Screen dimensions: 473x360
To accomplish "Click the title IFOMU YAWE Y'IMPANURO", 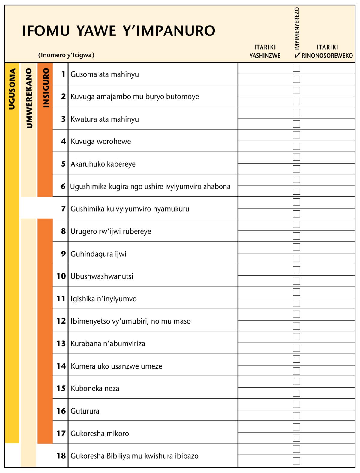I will [x=118, y=31].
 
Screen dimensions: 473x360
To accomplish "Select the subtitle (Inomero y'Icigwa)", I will [x=66, y=55].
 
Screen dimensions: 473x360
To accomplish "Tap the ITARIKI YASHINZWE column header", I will [x=265, y=51].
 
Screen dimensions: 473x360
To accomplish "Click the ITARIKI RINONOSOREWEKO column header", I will [x=327, y=51].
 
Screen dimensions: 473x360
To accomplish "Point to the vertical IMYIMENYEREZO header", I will [x=297, y=29].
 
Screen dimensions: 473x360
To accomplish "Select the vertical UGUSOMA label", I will [x=12, y=89].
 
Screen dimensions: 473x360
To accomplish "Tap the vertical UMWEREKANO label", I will [x=29, y=98].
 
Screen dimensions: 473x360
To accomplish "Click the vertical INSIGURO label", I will [x=46, y=88].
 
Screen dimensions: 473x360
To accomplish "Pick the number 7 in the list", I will [x=63, y=209].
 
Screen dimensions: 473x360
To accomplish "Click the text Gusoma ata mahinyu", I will [x=105, y=74].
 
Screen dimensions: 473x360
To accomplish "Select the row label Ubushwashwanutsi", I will [x=102, y=276].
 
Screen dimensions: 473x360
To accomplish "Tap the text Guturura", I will [x=85, y=411].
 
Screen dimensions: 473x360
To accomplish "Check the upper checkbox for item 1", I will [x=296, y=68].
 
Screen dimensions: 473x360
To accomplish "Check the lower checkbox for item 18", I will [x=296, y=461].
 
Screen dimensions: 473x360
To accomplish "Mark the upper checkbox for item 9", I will [x=296, y=247].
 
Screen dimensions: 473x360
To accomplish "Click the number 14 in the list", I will [x=61, y=366].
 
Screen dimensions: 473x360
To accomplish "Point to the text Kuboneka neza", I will [x=95, y=388].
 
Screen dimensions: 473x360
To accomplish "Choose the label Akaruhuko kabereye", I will [x=103, y=164].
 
